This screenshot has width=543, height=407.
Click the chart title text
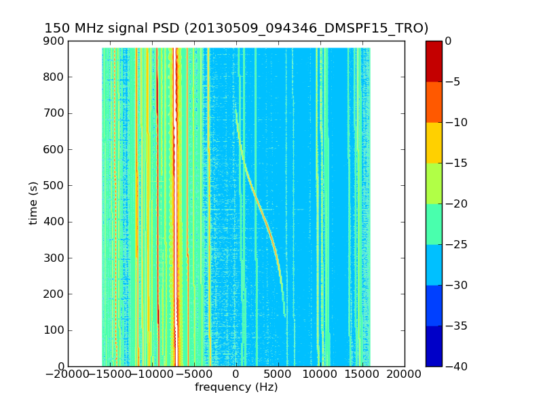click(x=236, y=28)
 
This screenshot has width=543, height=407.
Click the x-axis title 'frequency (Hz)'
click(x=236, y=387)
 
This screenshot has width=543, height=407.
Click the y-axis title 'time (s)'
click(x=33, y=203)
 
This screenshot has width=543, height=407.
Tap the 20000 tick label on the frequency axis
click(x=405, y=374)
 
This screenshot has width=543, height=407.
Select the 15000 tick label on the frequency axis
click(x=362, y=374)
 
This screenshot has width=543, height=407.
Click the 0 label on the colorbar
click(x=449, y=41)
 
